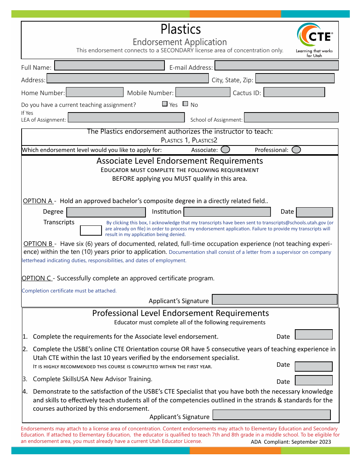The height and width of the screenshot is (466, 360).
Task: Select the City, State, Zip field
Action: click(295, 78)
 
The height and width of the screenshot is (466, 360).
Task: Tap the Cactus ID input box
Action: click(294, 92)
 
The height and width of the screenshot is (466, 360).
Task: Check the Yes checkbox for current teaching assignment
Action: click(165, 104)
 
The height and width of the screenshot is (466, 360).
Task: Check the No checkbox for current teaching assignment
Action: click(185, 104)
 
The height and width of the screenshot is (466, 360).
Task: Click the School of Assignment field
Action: click(291, 117)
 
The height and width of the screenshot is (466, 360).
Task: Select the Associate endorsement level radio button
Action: click(225, 150)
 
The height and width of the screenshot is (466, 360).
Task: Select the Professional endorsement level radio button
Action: click(296, 150)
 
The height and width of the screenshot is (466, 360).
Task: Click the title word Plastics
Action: click(181, 29)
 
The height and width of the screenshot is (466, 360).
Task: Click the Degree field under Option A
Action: click(106, 212)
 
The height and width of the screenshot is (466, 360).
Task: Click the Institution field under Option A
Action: click(227, 212)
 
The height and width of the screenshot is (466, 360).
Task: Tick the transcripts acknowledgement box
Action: click(91, 230)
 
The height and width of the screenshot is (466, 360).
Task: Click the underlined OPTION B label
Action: click(38, 244)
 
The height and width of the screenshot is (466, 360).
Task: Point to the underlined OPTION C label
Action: click(36, 278)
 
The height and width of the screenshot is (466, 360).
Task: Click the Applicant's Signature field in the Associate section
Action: click(274, 300)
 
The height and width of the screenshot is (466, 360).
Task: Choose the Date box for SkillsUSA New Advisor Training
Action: click(313, 380)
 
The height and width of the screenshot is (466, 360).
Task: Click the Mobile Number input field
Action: click(203, 92)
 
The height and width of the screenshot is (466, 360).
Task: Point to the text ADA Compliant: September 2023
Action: click(291, 442)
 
